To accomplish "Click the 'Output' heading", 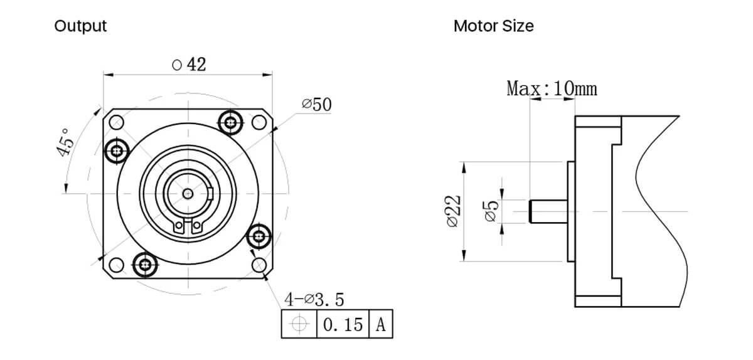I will pyautogui.click(x=80, y=26).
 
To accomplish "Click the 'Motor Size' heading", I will pyautogui.click(x=493, y=26).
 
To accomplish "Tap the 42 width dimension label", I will pyautogui.click(x=189, y=65).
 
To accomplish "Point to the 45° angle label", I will pyautogui.click(x=67, y=143).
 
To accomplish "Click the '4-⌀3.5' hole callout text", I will pyautogui.click(x=314, y=300).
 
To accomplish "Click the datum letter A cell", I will pyautogui.click(x=380, y=325).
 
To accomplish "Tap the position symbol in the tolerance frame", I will pyautogui.click(x=299, y=325).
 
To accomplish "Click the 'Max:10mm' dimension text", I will pyautogui.click(x=552, y=88).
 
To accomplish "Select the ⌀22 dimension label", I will pyautogui.click(x=452, y=211).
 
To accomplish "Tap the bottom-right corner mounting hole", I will pyautogui.click(x=259, y=265).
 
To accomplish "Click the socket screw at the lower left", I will pyautogui.click(x=146, y=265).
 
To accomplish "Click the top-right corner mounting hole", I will pyautogui.click(x=259, y=122).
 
